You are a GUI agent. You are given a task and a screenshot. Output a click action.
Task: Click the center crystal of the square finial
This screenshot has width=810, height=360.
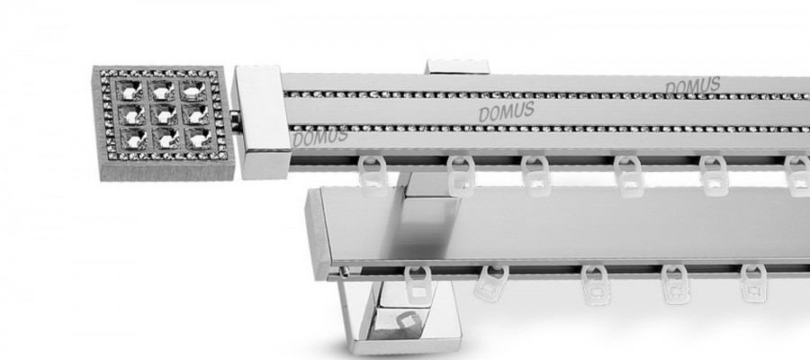(163, 114)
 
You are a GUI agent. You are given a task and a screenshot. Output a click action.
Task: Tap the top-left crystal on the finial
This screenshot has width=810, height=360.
(129, 90)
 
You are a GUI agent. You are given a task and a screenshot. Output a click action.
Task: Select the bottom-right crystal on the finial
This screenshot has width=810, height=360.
(198, 138)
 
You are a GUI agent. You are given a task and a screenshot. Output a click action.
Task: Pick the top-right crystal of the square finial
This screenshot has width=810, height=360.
(194, 91)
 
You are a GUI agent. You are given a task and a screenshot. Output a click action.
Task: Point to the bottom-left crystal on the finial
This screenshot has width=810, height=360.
(134, 137)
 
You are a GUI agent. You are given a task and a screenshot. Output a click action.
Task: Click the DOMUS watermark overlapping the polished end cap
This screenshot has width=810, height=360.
(320, 138)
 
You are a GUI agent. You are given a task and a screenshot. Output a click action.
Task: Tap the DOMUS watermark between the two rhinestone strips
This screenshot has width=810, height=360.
(506, 112)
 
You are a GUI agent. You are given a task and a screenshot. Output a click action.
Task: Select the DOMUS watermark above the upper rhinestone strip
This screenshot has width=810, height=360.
(692, 86)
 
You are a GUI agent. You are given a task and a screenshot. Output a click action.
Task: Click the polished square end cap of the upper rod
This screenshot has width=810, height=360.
(261, 121)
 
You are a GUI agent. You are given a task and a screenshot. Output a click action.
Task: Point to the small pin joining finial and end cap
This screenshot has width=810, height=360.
(236, 121)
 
